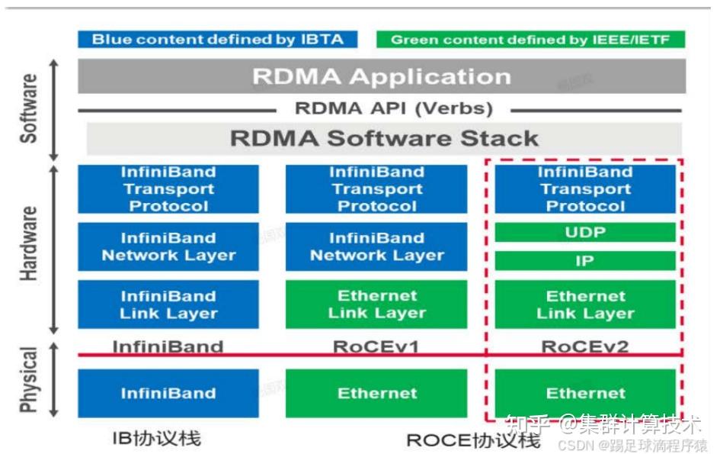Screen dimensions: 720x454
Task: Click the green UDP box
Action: coord(585,232)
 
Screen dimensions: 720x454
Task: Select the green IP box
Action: coord(585,261)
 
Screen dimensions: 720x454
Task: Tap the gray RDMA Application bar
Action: coord(382,76)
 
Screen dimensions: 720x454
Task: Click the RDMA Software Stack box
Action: coord(384,138)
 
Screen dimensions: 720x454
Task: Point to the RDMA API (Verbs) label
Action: coord(393,108)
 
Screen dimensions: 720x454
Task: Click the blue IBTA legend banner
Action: coord(218,39)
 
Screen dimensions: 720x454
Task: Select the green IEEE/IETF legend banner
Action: coord(530,39)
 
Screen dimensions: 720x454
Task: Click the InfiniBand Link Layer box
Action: coord(168,304)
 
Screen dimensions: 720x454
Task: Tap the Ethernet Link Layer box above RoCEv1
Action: coord(376,304)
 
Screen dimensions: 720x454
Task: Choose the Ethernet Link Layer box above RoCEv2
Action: coord(585,304)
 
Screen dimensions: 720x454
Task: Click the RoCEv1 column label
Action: coord(376,346)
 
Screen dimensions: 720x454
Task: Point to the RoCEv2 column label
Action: coord(585,346)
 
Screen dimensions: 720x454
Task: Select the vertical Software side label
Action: coord(28,108)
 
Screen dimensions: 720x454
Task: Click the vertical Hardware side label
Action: coord(28,244)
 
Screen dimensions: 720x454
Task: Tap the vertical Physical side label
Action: coord(28,380)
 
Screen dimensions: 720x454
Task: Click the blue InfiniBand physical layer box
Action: coord(168,393)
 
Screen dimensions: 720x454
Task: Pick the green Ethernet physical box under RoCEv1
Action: coord(376,393)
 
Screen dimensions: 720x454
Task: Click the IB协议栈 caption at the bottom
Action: coord(157,439)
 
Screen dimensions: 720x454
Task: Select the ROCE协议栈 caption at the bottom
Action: coord(473,440)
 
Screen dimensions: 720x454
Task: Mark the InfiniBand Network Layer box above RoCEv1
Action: coord(376,246)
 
